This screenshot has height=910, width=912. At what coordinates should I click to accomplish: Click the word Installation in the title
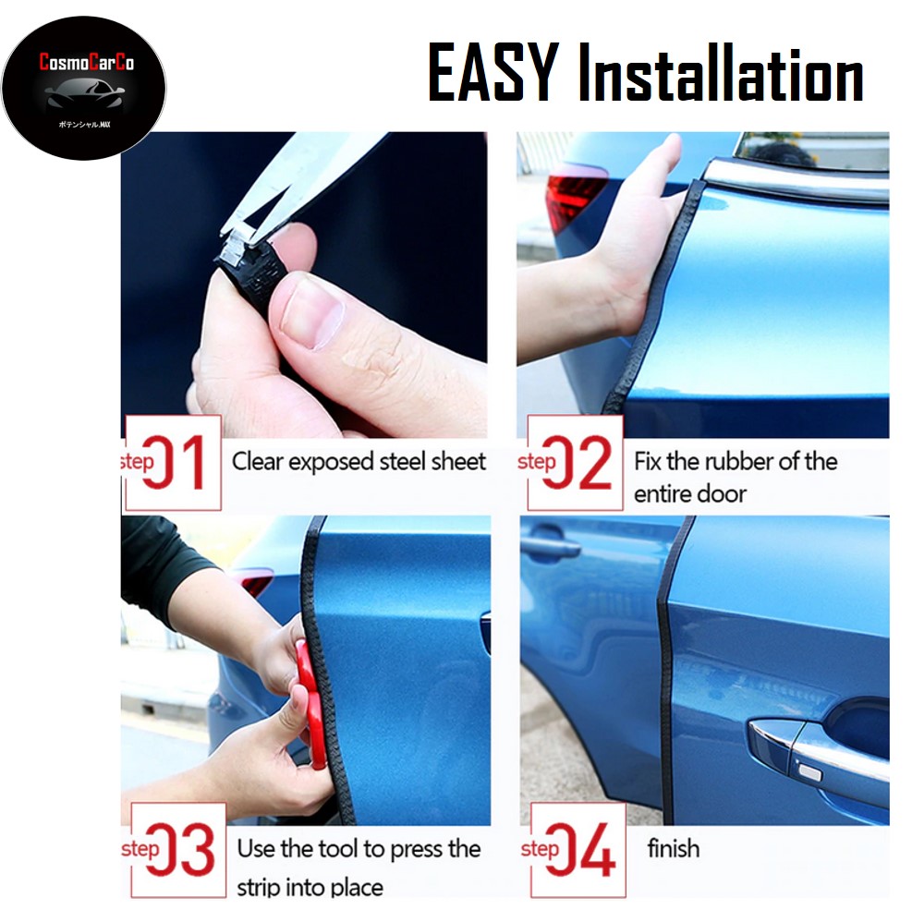[721, 74]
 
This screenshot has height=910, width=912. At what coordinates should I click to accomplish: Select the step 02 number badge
[576, 462]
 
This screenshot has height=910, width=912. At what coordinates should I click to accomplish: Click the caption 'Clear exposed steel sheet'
[359, 461]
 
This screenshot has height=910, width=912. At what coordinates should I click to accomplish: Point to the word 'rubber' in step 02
[725, 461]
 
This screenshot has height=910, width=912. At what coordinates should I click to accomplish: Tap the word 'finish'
[673, 848]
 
